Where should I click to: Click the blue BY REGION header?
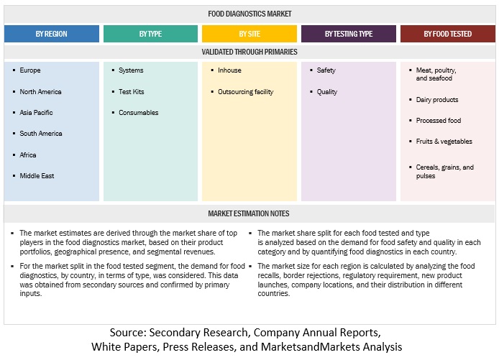point(52,34)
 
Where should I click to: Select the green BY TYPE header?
point(150,34)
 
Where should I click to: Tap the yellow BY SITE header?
point(249,34)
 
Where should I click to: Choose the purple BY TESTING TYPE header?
point(348,34)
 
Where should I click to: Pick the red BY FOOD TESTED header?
point(447,34)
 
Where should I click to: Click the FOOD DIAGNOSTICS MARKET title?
point(249,14)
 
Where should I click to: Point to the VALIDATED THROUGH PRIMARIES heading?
point(249,52)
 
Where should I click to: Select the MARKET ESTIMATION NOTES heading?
point(249,214)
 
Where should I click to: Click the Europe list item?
point(30,70)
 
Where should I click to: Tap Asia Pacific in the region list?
point(36,113)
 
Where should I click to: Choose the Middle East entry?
point(37,176)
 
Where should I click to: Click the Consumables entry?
point(139,113)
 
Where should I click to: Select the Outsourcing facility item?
point(245,92)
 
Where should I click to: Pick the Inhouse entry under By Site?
point(229,70)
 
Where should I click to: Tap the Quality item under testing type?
point(327,92)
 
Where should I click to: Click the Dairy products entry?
point(437,100)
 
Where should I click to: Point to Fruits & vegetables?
point(444,142)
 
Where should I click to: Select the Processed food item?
point(439,121)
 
